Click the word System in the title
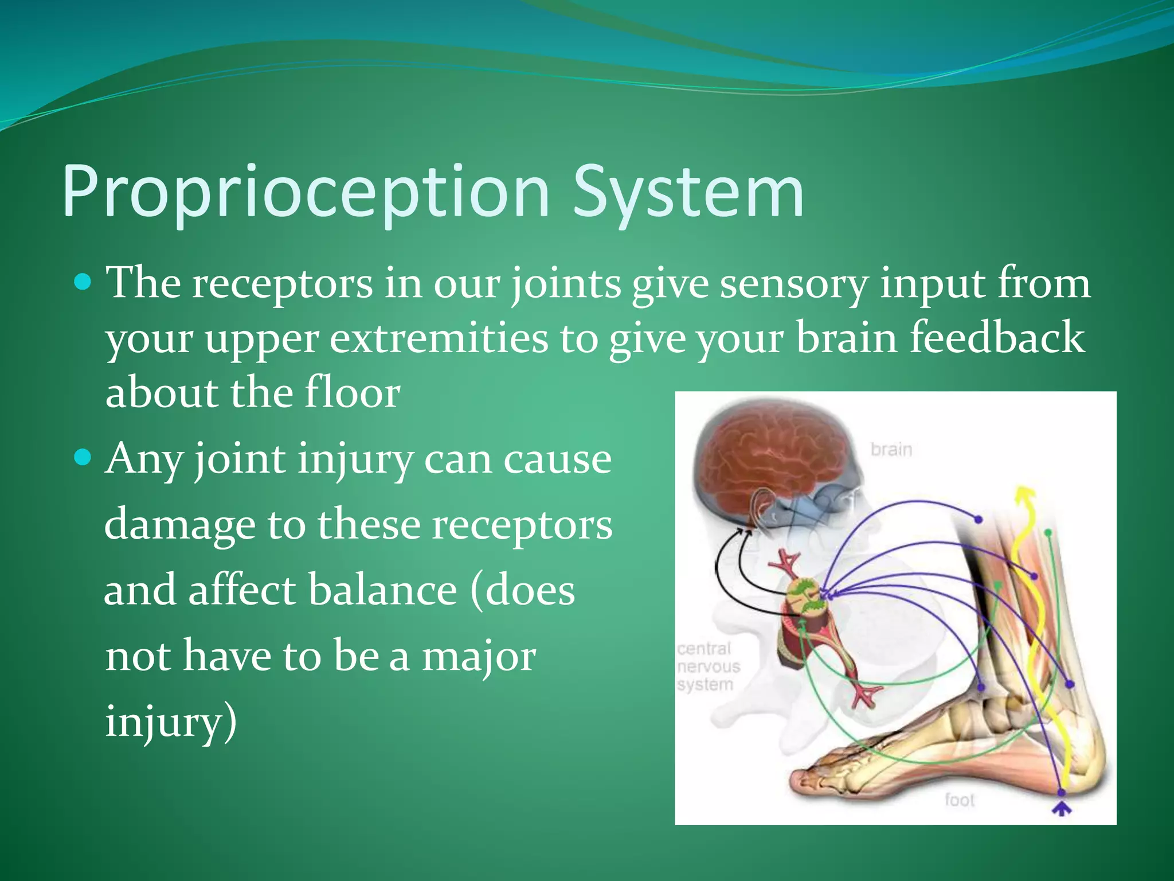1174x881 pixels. [688, 192]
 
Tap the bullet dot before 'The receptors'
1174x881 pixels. [84, 282]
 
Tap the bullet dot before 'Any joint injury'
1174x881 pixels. [84, 457]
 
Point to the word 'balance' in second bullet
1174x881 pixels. [383, 591]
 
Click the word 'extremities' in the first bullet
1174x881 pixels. [439, 338]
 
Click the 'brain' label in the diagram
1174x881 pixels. [891, 449]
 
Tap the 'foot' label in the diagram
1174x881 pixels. [959, 800]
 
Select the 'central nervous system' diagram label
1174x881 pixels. [709, 666]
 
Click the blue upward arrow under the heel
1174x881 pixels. [1062, 809]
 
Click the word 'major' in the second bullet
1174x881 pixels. [479, 657]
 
